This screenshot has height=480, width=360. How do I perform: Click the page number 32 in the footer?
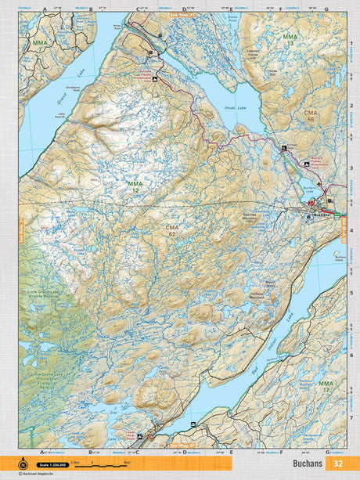[x=338, y=463]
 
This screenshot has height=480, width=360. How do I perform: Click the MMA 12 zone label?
[x=134, y=186]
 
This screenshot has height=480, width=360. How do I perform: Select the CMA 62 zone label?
[x=172, y=229]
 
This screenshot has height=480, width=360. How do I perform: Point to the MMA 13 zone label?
[x=290, y=40]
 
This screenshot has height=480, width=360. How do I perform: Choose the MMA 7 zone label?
[x=39, y=45]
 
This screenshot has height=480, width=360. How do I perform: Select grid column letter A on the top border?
[x=45, y=10]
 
